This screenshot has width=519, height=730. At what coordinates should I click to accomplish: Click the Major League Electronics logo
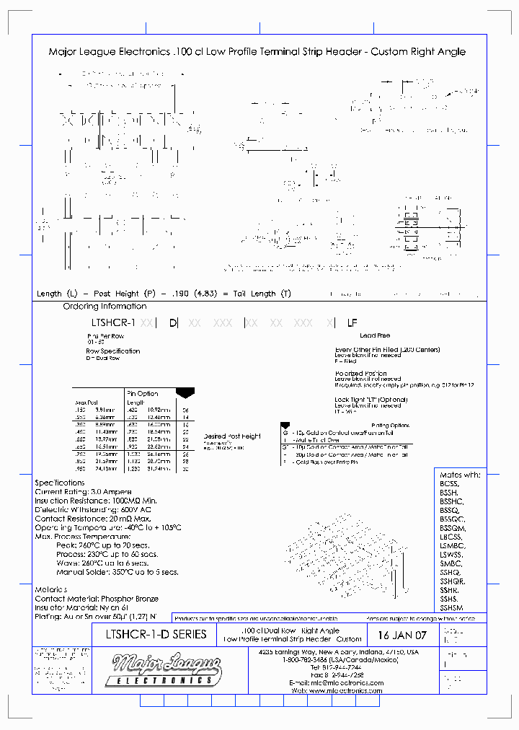[163, 670]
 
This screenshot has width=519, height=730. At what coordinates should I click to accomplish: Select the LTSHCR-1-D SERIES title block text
[151, 634]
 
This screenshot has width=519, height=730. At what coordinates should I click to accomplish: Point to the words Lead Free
[374, 335]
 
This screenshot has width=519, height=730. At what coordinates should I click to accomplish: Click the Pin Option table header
[142, 393]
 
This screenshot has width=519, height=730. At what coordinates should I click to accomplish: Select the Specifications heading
[60, 482]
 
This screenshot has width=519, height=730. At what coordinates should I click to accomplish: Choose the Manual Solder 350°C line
[117, 572]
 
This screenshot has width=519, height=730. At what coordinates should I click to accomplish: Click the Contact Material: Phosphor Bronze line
[96, 599]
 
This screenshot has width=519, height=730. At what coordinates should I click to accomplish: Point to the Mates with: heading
[459, 475]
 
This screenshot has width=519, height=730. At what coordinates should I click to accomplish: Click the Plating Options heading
[390, 425]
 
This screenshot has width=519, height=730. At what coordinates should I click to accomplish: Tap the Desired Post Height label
[231, 436]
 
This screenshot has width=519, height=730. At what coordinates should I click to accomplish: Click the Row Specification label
[112, 351]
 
